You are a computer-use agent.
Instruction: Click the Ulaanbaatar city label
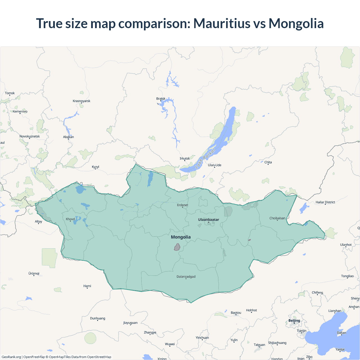point(208,220)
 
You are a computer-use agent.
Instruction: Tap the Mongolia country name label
point(181,237)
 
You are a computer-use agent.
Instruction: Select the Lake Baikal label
point(205,159)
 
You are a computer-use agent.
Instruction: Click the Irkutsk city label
point(184,158)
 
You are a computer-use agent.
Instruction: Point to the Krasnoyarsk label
point(81,101)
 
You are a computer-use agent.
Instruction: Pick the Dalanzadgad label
point(186,276)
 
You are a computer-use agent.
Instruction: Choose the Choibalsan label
point(277,218)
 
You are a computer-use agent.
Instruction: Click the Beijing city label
point(294,321)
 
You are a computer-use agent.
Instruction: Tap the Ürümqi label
point(34,273)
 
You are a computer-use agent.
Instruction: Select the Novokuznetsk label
point(30,136)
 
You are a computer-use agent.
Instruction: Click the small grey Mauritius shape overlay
point(177,247)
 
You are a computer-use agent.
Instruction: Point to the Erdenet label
point(183,205)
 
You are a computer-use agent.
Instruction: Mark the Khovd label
point(70,219)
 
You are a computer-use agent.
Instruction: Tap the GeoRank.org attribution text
point(11,357)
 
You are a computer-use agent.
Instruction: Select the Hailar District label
point(325,202)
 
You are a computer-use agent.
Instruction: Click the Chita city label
point(268,162)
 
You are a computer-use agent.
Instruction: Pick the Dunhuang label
point(97,318)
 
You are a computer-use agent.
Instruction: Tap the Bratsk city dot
point(161,101)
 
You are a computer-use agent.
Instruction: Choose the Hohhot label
point(251,310)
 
